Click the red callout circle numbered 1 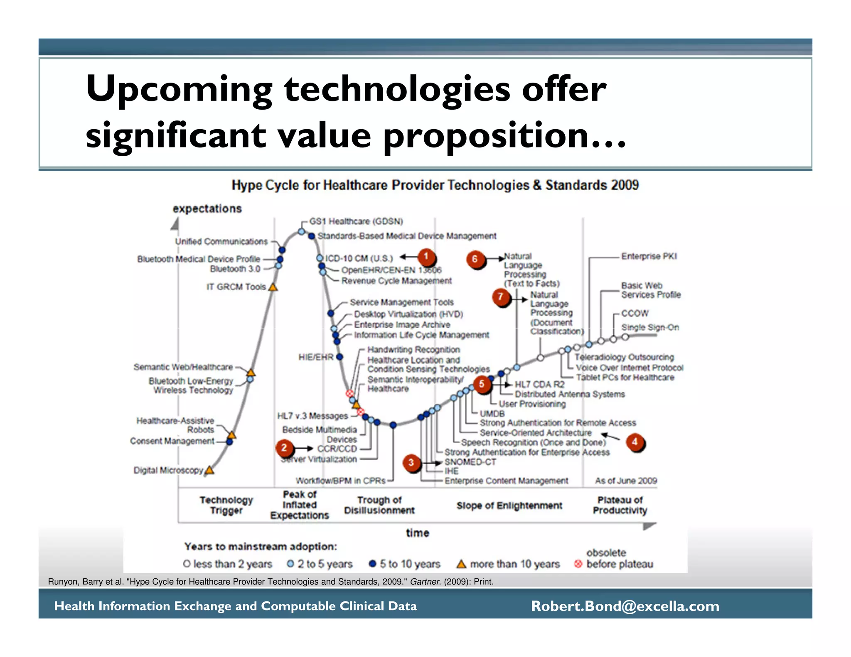[426, 257]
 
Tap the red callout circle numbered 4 [635, 442]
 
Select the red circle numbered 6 [475, 260]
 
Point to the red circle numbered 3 [411, 462]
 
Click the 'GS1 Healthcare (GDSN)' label [356, 221]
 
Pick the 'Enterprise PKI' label [649, 256]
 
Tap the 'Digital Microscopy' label [168, 470]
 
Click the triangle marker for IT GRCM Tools [273, 287]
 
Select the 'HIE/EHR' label [316, 357]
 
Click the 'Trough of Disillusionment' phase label [379, 505]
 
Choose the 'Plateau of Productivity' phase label [620, 505]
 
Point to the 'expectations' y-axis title [207, 208]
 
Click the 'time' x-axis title [417, 533]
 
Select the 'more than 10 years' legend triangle [461, 564]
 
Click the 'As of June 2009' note [626, 481]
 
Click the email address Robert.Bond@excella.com [625, 606]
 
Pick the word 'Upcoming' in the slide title [179, 89]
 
